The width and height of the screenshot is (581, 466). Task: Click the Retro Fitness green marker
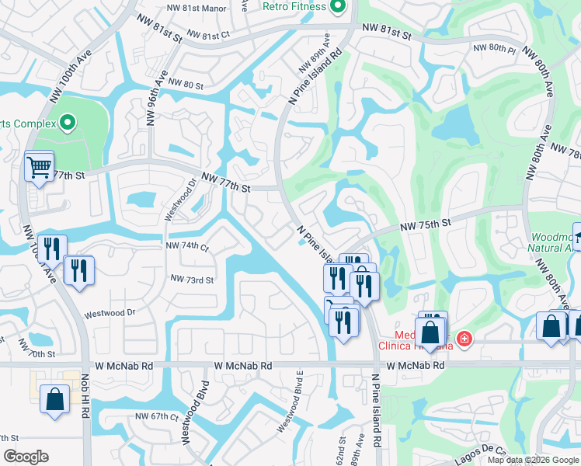[x=337, y=7]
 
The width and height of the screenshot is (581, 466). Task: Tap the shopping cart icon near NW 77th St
[x=39, y=165]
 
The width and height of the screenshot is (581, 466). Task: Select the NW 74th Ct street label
[x=188, y=246]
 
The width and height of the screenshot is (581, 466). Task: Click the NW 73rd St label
[x=192, y=279]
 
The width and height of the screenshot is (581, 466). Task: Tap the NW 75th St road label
[x=426, y=224]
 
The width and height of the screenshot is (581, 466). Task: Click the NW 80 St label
[x=185, y=85]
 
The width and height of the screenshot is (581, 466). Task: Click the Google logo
[x=26, y=457]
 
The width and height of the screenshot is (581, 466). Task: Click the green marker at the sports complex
[x=67, y=123]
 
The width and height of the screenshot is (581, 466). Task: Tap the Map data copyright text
[x=532, y=460]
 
